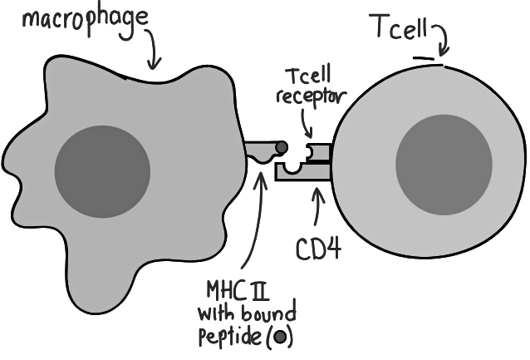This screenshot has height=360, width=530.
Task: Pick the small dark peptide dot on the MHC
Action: tap(282, 148)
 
